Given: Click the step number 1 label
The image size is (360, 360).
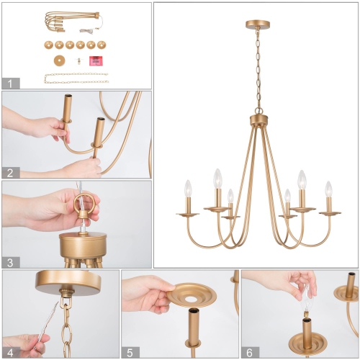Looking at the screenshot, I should coord(9,83).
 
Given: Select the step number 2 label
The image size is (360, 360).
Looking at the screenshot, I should coord(9,172).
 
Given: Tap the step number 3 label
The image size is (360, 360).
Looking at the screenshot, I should coord(9,261).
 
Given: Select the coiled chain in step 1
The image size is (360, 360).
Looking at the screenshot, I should coord(76,78).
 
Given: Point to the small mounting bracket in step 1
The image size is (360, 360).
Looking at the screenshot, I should coord(78,61).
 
